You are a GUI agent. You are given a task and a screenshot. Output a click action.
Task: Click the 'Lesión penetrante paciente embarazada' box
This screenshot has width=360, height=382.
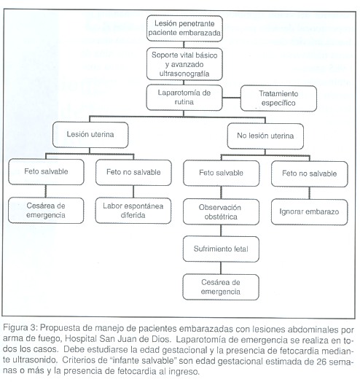[184, 28]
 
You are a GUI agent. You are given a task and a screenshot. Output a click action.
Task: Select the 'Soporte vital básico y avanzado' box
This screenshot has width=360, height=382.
[184, 64]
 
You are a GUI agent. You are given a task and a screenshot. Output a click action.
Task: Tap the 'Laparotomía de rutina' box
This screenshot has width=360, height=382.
[184, 98]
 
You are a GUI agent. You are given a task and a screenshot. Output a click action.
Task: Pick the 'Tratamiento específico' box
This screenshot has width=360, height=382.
[278, 98]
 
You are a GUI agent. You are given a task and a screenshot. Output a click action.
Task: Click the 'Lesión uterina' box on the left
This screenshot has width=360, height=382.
[90, 135]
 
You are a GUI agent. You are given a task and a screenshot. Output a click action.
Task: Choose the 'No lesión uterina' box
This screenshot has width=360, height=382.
[265, 136]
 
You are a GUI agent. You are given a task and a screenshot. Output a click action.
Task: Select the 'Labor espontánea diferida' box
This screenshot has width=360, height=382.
[133, 211]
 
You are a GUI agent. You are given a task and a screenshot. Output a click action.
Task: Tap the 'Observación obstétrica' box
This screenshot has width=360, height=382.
[221, 212]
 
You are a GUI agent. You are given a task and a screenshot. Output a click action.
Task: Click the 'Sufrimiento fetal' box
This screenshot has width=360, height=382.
[221, 249]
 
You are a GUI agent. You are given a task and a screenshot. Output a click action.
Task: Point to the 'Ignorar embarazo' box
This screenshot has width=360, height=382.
[309, 212]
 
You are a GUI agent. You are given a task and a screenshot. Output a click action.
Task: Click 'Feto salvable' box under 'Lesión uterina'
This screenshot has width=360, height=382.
[46, 172]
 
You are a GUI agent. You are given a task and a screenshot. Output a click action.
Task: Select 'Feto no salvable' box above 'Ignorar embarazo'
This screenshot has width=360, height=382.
[309, 174]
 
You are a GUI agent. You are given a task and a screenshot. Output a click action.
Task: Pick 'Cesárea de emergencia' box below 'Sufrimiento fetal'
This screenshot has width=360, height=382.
[221, 287]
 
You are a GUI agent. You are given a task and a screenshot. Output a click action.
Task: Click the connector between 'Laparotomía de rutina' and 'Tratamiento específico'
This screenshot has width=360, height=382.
[232, 98]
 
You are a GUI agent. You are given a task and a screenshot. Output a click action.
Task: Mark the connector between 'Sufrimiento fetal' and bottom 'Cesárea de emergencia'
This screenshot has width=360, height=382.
[221, 268]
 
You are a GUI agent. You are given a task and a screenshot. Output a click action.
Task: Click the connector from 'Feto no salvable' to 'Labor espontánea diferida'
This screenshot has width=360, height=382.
[133, 192]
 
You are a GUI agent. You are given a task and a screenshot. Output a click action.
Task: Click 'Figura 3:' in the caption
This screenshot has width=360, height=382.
[20, 328]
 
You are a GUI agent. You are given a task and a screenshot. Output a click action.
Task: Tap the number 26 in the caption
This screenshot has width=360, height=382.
[321, 362]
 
